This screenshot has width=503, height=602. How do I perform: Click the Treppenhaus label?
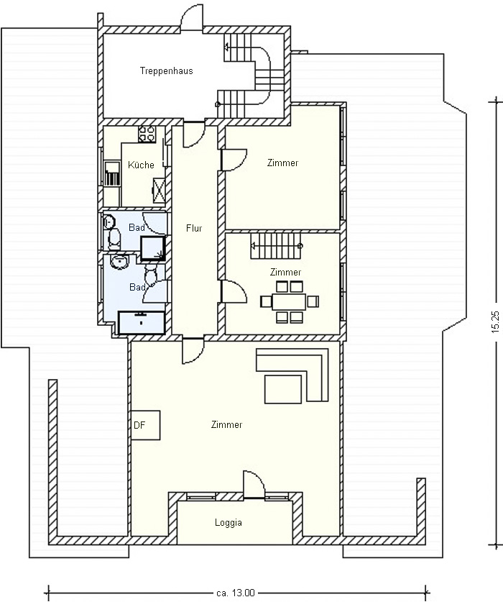coord(166,71)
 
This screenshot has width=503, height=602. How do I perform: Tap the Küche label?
coord(141,165)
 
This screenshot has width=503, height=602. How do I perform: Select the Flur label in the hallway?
coord(194,228)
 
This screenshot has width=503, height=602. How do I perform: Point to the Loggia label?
coord(229,523)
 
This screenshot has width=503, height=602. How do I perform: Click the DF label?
coord(139,425)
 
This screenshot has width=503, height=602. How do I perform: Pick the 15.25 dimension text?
coord(495,321)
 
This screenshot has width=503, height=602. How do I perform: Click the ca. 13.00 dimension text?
coord(235,593)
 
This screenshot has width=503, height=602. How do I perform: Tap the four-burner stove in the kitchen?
coord(147,134)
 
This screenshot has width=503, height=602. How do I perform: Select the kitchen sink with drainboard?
coord(112,174)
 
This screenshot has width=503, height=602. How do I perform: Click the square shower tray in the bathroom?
coord(153,248)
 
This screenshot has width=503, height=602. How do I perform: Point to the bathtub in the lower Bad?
coord(142,322)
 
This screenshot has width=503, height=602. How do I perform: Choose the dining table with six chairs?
coord(290,301)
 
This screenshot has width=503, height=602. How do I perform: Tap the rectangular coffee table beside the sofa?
coord(283,389)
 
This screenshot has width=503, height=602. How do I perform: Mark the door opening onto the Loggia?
coord(254,485)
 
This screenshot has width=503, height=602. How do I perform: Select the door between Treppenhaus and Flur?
coord(194,134)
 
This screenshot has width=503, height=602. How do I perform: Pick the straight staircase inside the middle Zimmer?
coord(276,247)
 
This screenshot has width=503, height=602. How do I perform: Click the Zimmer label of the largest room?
coord(227,425)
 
